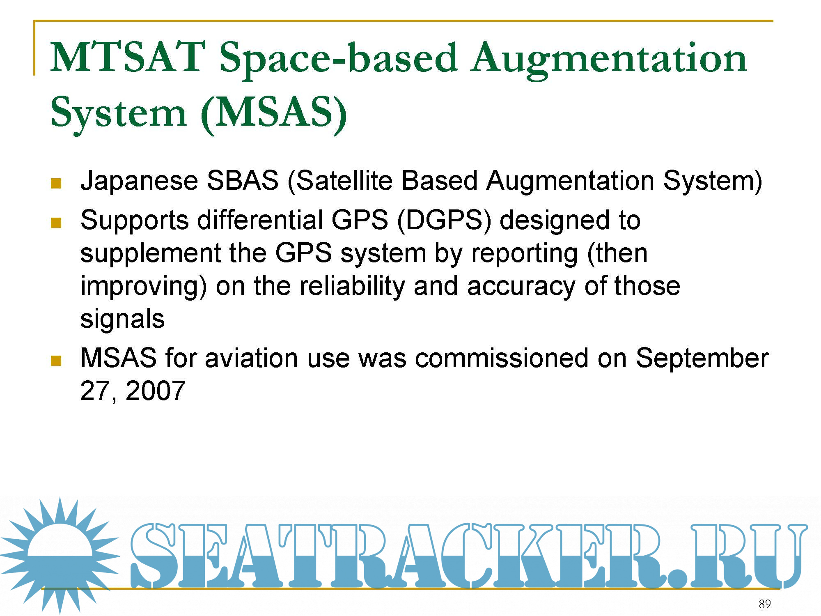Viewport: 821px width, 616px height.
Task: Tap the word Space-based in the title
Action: [339, 60]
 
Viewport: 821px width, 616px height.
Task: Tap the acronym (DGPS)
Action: [444, 220]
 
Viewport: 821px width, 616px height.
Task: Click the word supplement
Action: [150, 253]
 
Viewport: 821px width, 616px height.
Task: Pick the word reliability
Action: [352, 286]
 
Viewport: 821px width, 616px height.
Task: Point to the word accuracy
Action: [521, 287]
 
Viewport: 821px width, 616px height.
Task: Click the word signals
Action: [122, 319]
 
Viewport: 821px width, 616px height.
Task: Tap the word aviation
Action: [251, 358]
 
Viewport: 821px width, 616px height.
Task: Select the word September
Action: [702, 359]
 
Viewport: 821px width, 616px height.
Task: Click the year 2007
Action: [155, 391]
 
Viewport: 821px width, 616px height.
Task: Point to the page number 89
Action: [765, 604]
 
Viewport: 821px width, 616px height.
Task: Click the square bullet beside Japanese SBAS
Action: [56, 183]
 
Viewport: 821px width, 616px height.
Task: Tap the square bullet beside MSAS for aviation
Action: [56, 361]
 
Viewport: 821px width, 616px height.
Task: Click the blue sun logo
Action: [60, 555]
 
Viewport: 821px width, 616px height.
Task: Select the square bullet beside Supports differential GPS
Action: [56, 223]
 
